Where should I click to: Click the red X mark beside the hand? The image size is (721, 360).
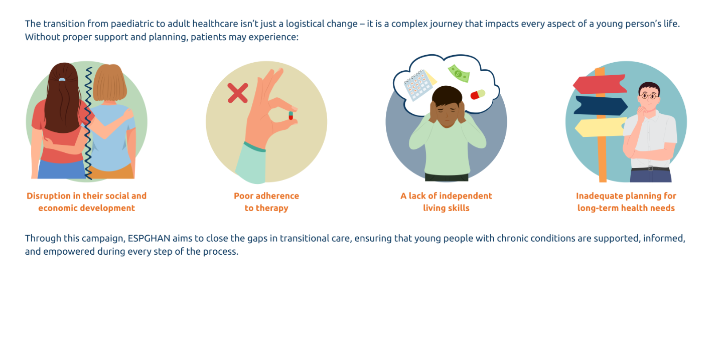point(237,93)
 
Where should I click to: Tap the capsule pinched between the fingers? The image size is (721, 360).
point(291,115)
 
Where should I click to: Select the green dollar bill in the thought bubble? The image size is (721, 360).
point(459,74)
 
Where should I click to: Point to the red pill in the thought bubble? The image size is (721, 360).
point(478,95)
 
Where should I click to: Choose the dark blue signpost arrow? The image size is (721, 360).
point(601,105)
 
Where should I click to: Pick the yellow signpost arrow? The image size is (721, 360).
point(601,127)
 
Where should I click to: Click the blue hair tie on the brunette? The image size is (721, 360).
point(62,79)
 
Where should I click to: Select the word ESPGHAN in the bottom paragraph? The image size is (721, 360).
point(149,238)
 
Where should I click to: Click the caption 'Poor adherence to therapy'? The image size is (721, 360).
point(266,202)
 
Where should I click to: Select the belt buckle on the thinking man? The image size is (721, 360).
point(651,168)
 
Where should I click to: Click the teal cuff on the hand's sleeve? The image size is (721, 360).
point(254,147)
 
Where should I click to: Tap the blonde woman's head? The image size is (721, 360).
point(110,83)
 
